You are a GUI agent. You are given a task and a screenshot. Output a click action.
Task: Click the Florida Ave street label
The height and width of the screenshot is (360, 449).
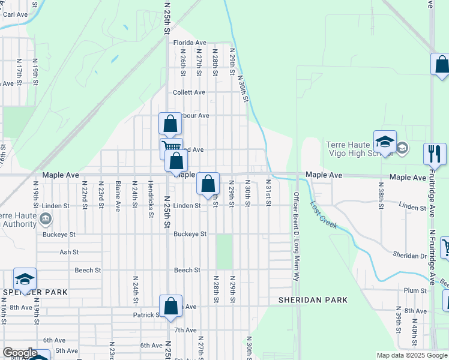tap(190, 43)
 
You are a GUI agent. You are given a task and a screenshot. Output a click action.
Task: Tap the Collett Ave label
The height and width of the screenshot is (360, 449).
tap(189, 92)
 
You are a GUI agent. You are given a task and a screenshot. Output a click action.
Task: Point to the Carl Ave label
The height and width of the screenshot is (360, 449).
tap(16, 14)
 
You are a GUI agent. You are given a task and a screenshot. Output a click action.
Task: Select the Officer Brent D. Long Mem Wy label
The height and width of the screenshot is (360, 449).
tap(296, 237)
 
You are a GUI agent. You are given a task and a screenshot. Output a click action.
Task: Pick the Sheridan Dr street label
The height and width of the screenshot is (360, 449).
tap(409, 256)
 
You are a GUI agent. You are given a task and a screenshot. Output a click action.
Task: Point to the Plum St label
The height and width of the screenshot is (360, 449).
tap(415, 290)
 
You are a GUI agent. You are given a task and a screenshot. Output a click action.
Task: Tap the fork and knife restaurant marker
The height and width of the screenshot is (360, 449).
tap(435, 154)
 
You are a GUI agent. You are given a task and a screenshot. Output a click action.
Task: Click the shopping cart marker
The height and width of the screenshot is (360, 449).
tap(171, 147)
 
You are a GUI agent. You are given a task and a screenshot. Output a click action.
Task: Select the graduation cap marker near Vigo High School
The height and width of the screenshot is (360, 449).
tap(385, 142)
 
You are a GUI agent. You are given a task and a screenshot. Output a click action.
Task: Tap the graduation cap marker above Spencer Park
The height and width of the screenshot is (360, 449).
tap(25, 279)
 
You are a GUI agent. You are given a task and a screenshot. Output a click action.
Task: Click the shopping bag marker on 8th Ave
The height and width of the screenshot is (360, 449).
tap(171, 305)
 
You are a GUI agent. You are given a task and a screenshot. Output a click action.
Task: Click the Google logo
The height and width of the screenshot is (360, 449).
tap(20, 353)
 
